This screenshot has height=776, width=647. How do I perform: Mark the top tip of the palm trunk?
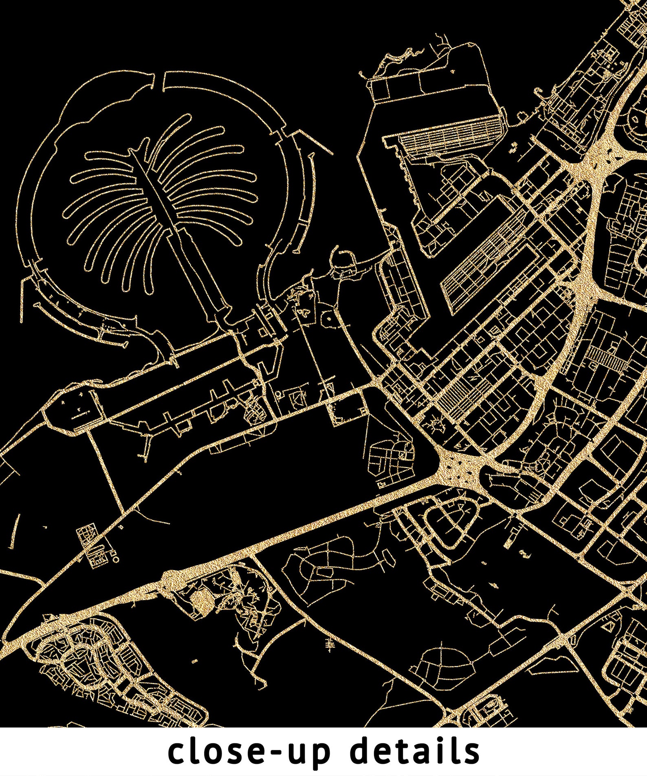[x=132, y=151]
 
